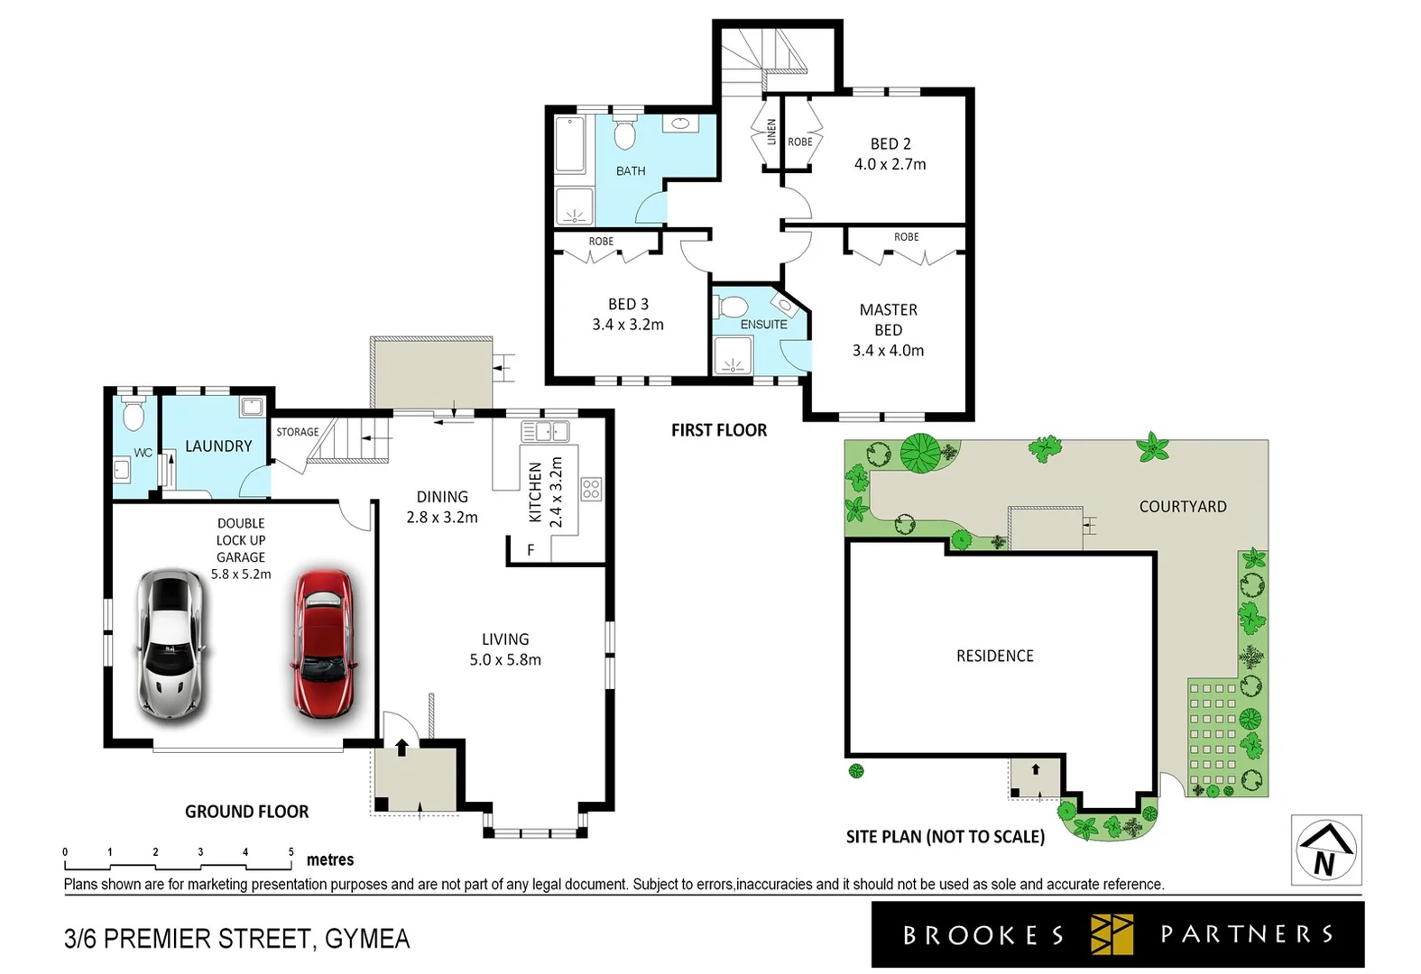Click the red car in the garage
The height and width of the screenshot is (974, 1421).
[323, 643]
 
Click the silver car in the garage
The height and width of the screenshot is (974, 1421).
[171, 644]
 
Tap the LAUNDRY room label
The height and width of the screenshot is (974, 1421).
[218, 446]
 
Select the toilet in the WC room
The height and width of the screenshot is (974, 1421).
[134, 416]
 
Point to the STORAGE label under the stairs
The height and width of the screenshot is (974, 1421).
[297, 432]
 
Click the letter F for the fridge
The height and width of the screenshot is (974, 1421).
[531, 549]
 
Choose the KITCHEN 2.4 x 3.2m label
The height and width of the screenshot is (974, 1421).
[545, 492]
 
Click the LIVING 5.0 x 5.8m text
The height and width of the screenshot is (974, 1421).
[505, 649]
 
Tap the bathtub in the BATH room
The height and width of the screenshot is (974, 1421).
[570, 144]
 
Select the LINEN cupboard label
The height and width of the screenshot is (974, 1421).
[771, 133]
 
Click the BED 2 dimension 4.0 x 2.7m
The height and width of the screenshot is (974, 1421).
[890, 164]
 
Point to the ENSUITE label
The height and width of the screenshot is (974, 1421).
[763, 325]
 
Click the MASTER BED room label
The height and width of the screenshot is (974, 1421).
[888, 320]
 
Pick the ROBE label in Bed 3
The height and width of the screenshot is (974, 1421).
[601, 242]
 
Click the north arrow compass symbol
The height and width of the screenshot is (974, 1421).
[1325, 850]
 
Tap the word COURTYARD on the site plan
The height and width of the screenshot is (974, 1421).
[1182, 507]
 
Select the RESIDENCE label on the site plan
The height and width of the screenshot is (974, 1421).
[994, 656]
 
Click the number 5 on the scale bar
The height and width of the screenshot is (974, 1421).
[291, 851]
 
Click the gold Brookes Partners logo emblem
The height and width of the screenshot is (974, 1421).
[1112, 934]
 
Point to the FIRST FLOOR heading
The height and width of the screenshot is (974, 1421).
[718, 430]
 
